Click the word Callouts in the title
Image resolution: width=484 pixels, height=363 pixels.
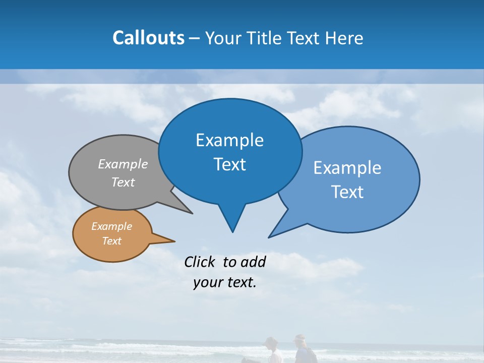pyautogui.click(x=148, y=38)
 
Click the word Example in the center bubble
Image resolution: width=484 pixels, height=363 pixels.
pyautogui.click(x=229, y=140)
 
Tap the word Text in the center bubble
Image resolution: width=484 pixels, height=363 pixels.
pyautogui.click(x=229, y=164)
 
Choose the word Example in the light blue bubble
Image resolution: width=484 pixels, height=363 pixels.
pyautogui.click(x=347, y=167)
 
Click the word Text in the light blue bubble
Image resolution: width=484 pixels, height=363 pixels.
pyautogui.click(x=347, y=192)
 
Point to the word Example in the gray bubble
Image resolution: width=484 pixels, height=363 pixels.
pyautogui.click(x=123, y=164)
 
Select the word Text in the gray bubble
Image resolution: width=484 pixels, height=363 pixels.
pyautogui.click(x=123, y=182)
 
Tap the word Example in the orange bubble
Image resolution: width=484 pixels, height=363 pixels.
pyautogui.click(x=111, y=226)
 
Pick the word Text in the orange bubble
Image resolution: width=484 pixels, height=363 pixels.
pyautogui.click(x=111, y=241)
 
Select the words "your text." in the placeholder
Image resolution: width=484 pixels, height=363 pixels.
pyautogui.click(x=225, y=282)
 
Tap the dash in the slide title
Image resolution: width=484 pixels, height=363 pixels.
pyautogui.click(x=195, y=38)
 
